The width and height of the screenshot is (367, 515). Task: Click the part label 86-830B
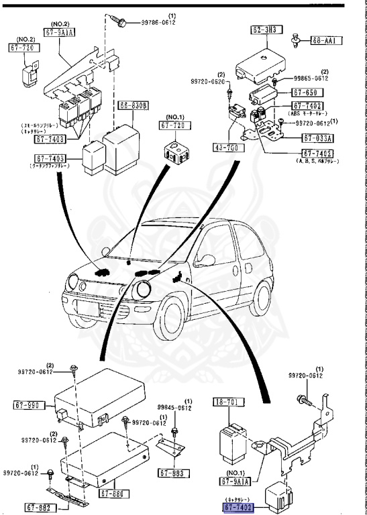click(x=134, y=106)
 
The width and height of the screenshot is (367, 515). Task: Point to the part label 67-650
click(x=307, y=92)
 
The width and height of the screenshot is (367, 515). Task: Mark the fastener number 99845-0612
click(x=175, y=408)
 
